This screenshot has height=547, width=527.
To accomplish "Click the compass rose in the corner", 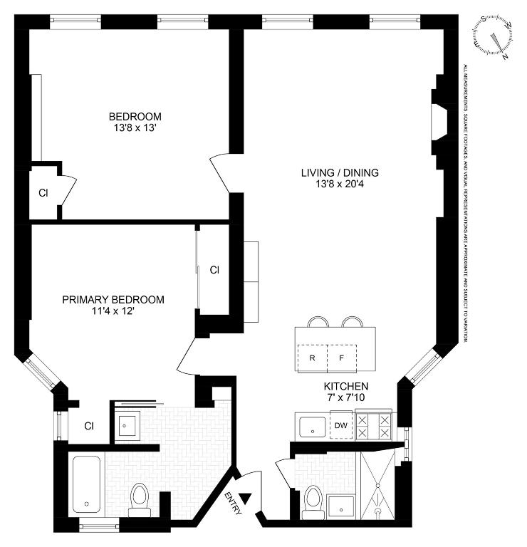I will pyautogui.click(x=494, y=36).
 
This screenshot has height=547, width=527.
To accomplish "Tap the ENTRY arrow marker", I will pyautogui.click(x=246, y=500).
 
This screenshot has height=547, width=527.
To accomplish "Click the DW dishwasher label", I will pyautogui.click(x=341, y=426).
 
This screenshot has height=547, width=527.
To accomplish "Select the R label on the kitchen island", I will pyautogui.click(x=311, y=358).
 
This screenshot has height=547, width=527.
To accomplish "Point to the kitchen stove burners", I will pyautogui.click(x=374, y=426).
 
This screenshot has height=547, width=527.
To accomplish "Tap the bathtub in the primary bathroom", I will pyautogui.click(x=89, y=484).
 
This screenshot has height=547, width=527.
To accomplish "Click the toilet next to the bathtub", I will pyautogui.click(x=140, y=496).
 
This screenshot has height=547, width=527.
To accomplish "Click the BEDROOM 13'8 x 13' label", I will pyautogui.click(x=135, y=123).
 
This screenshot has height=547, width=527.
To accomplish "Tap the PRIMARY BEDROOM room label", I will pyautogui.click(x=113, y=306).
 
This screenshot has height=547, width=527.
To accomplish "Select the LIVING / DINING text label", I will pyautogui.click(x=339, y=178).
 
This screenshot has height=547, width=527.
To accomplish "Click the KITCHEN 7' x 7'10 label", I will pyautogui.click(x=347, y=394).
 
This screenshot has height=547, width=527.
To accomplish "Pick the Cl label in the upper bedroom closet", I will pyautogui.click(x=43, y=192).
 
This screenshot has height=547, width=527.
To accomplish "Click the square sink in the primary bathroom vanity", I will pyautogui.click(x=129, y=427).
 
